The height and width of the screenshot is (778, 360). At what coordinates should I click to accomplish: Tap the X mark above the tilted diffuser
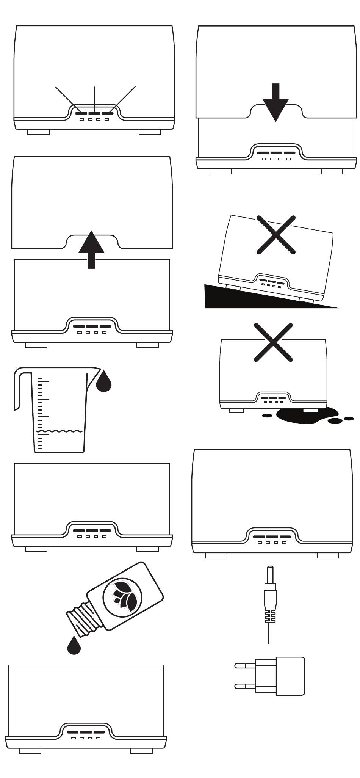tap(276, 235)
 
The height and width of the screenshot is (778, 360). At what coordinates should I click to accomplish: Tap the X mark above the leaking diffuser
tap(273, 342)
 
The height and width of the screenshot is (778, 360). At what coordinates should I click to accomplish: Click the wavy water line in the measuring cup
tap(59, 431)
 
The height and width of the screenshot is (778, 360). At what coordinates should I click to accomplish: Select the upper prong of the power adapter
tap(245, 665)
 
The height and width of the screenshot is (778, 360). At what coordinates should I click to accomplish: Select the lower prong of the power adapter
tap(245, 686)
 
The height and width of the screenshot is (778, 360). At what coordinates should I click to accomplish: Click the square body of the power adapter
tap(290, 676)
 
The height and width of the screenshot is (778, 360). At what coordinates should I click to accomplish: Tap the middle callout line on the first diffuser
tap(94, 99)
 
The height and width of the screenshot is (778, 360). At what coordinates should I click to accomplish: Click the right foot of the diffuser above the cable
tap(327, 555)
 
